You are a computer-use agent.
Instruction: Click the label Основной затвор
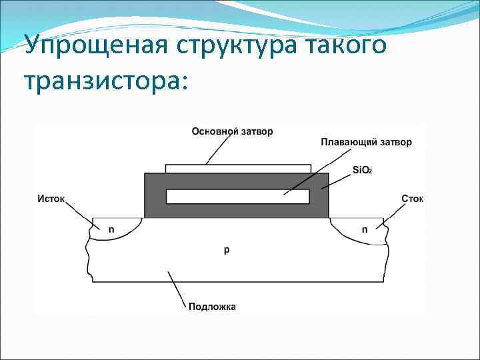click(232, 131)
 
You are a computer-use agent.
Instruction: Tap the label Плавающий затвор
click(366, 142)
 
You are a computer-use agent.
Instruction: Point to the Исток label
click(52, 198)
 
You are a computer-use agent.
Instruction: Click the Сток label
click(413, 198)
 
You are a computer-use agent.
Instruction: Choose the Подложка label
click(212, 307)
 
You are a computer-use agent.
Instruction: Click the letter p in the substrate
click(227, 250)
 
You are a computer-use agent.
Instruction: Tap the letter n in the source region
click(111, 229)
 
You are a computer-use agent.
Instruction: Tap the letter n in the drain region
click(364, 229)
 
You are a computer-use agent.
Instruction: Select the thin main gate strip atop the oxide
click(237, 169)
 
